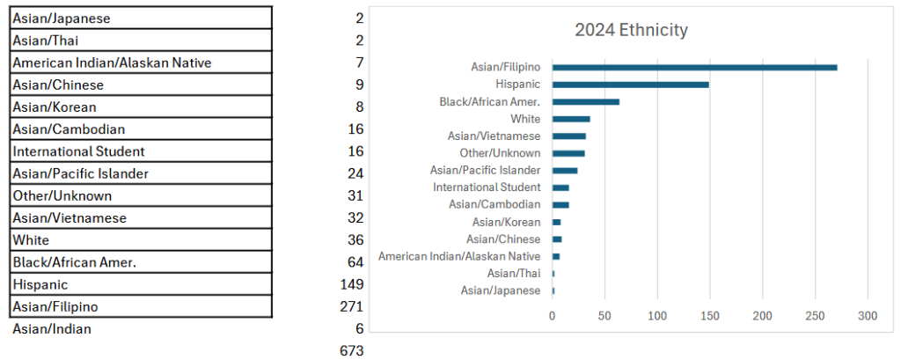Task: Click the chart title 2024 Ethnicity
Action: (631, 31)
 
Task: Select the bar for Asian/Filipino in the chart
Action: (694, 67)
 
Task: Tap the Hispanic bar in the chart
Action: (630, 84)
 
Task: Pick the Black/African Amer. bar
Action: (585, 101)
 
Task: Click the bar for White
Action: (571, 119)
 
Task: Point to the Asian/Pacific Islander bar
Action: (565, 170)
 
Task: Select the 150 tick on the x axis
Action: (709, 316)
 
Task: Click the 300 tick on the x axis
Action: (868, 316)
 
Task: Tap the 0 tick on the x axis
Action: (552, 316)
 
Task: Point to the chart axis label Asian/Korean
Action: (506, 222)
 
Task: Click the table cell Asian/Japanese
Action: (141, 18)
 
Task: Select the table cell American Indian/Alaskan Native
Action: (141, 62)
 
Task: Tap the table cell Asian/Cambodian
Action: (141, 129)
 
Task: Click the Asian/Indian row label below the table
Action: (52, 329)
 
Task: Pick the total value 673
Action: (351, 350)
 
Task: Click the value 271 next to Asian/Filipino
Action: (351, 306)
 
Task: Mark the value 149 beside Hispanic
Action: (351, 284)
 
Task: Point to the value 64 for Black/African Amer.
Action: (355, 261)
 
